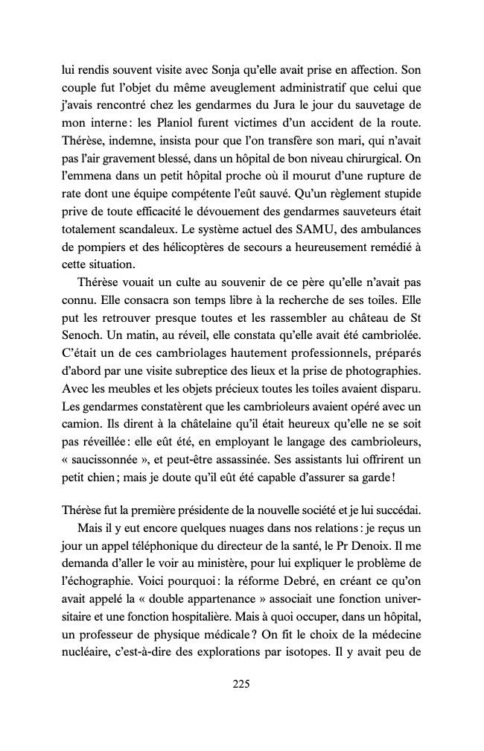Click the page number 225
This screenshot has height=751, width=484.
point(241,684)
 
